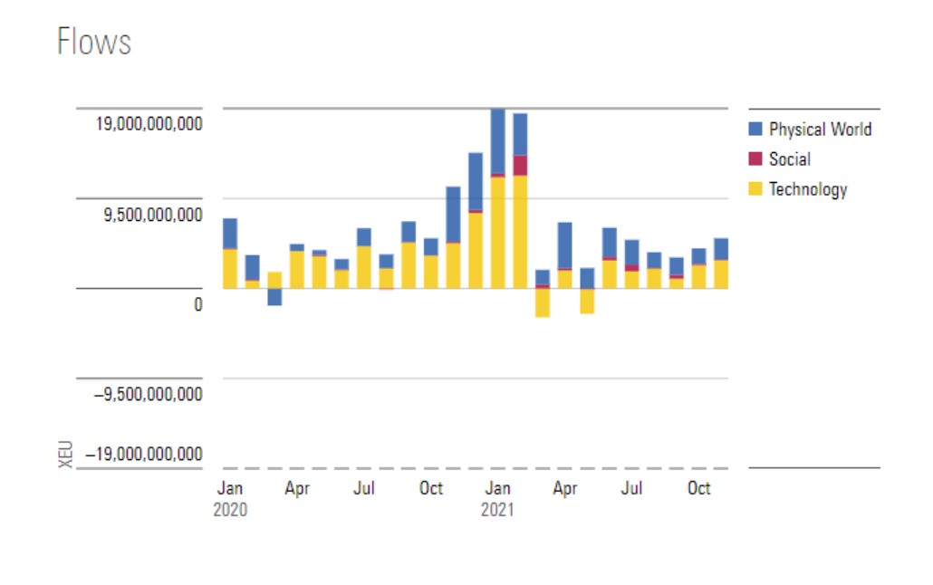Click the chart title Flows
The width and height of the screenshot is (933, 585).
coord(94,42)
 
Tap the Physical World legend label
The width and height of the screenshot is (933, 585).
coord(820,129)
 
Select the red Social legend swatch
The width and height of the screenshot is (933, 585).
coord(755,159)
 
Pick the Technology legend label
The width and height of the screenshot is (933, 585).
coord(808,189)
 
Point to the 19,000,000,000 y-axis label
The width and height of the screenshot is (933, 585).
coord(149,123)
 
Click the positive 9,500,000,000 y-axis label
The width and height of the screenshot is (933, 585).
coord(153,215)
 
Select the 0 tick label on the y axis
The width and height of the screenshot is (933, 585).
coord(197,305)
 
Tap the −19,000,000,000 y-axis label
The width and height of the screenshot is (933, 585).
coord(144,454)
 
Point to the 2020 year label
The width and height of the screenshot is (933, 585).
coord(230,510)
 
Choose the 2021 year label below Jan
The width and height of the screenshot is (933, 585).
coord(497,510)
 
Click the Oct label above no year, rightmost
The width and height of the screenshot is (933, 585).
coord(698,488)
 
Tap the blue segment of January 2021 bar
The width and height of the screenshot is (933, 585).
coord(497,140)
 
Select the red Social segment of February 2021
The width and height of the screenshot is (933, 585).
coord(520,165)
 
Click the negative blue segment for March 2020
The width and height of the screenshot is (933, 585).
coord(274,297)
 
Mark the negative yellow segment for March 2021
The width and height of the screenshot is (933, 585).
coord(543,302)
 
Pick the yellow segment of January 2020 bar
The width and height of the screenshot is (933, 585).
coord(230,268)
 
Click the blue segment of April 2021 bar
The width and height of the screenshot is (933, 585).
coord(564,245)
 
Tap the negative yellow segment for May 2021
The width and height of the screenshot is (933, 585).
coord(587,301)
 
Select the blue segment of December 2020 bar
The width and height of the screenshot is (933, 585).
coord(476,181)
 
